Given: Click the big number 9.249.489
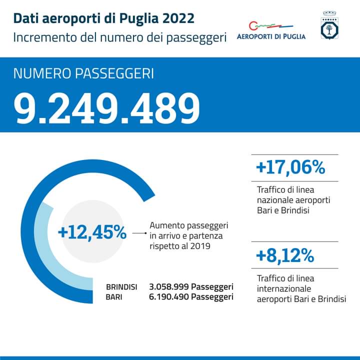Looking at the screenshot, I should click(107, 108).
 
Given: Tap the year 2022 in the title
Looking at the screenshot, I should click(178, 18).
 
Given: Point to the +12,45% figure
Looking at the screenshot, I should click(92, 232).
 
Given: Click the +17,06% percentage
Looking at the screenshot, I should click(290, 167).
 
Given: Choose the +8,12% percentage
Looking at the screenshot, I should click(284, 256).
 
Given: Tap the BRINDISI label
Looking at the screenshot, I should click(121, 287).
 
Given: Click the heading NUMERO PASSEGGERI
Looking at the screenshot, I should click(83, 73).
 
